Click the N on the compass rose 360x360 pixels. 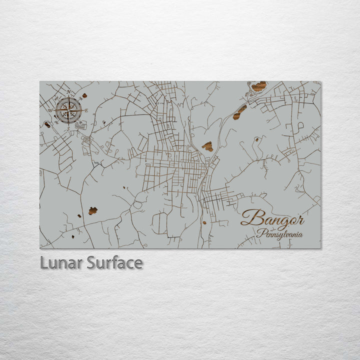[68, 92]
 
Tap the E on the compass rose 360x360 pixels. [86, 110]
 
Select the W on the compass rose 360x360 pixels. [50, 110]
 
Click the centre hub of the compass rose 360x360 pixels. [68, 110]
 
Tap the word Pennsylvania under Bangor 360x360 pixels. [280, 233]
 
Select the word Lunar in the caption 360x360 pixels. [61, 262]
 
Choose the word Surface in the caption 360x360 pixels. [114, 262]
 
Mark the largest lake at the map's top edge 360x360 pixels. [258, 86]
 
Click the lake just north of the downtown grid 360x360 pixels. [207, 146]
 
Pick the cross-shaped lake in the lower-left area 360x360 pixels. [92, 211]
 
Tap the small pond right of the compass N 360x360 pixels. [84, 95]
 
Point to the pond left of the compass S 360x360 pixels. [47, 124]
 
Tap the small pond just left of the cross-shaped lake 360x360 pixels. [79, 216]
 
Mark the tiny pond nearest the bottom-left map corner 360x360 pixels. [73, 236]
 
